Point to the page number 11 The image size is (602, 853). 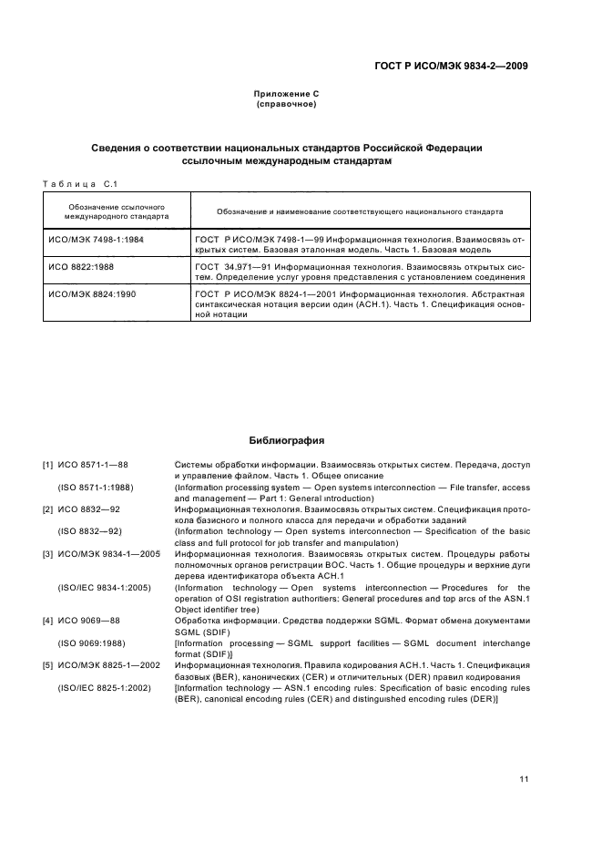click(524, 778)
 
